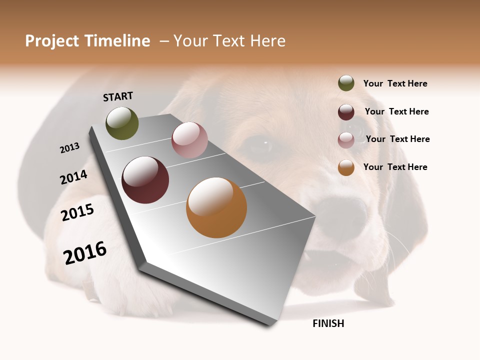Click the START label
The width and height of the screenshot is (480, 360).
118,96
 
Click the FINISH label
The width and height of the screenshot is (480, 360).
328,323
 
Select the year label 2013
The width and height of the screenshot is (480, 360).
69,148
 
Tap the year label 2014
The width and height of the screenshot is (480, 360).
73,177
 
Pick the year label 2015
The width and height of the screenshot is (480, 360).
77,212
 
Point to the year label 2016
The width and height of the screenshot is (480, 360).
85,252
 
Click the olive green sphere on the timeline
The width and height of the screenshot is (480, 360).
122,123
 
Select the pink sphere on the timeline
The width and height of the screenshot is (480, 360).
189,140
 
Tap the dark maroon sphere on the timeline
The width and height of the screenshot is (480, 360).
145,180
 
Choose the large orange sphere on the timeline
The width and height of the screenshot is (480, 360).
216,207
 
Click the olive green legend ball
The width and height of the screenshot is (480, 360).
346,83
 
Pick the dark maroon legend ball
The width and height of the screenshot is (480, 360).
346,112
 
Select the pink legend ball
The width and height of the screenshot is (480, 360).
346,140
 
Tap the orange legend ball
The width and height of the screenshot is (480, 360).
346,167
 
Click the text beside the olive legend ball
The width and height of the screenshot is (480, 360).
395,83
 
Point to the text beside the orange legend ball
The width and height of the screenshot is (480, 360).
395,167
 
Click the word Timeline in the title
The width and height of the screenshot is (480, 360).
116,41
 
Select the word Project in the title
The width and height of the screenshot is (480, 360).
51,41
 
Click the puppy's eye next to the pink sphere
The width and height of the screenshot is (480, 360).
260,146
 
